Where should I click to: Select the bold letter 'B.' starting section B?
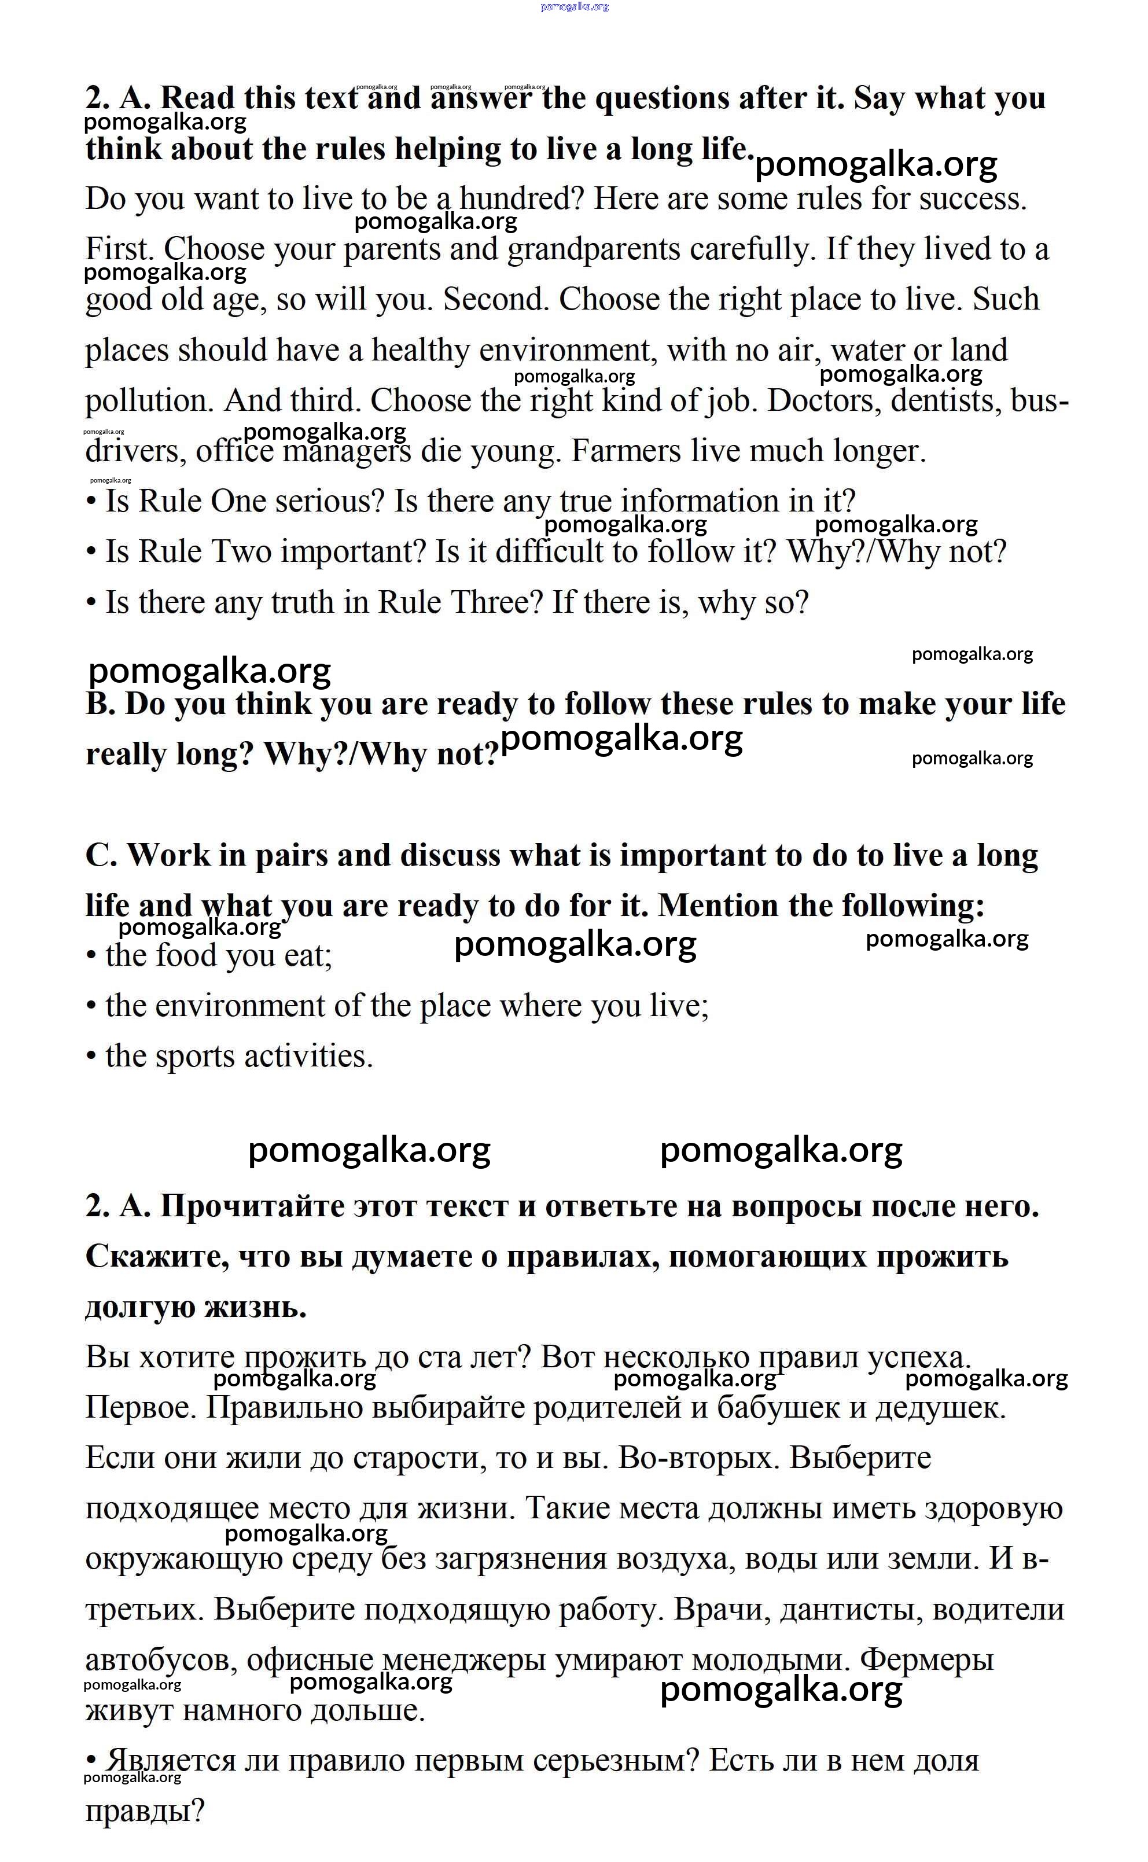pos(100,704)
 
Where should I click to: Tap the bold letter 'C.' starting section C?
pos(101,855)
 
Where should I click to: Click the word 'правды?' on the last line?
pos(145,1811)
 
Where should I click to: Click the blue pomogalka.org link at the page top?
pos(574,7)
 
